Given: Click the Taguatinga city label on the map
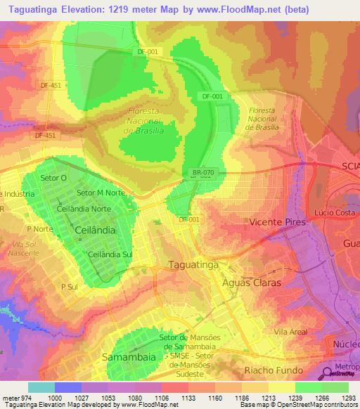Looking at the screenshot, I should click(x=193, y=264).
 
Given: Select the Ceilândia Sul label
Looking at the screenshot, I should click(x=110, y=254).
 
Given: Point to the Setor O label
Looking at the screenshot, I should click(x=54, y=178).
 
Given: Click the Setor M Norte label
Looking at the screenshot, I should click(x=101, y=193).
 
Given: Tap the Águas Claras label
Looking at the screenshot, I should click(x=251, y=283).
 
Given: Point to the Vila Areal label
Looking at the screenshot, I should click(x=291, y=331).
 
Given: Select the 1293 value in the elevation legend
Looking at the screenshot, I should click(x=349, y=398).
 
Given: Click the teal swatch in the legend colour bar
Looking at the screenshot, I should click(x=41, y=387).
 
